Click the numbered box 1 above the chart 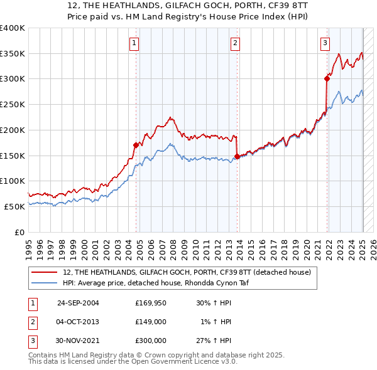click(135, 43)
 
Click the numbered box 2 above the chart click(234, 43)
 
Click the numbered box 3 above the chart click(325, 43)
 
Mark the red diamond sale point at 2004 click(136, 145)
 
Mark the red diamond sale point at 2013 click(237, 156)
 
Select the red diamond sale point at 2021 click(327, 78)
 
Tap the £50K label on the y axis click(15, 206)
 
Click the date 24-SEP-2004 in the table click(78, 303)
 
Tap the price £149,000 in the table click(151, 322)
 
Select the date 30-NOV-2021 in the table click(78, 341)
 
